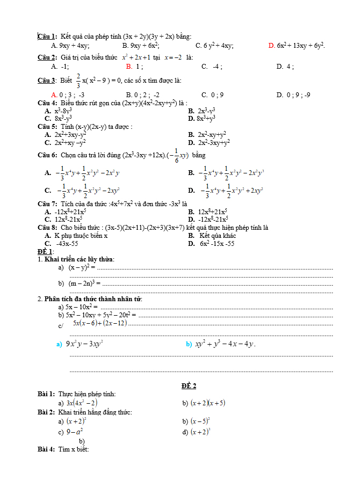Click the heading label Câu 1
pos(47,37)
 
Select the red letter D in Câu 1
pos(271,46)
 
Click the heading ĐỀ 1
pos(45,251)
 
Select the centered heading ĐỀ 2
pos(189,385)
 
